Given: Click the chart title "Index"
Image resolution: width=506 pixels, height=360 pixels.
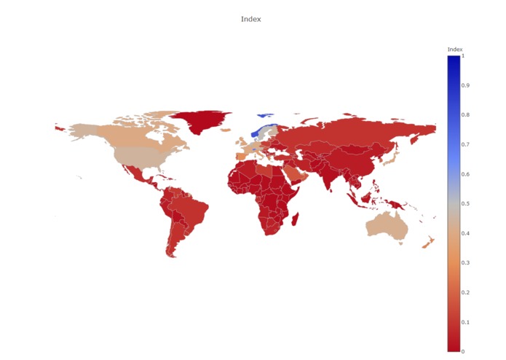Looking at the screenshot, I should pyautogui.click(x=250, y=19).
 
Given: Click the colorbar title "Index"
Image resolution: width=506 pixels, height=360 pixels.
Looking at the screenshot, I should pyautogui.click(x=454, y=50).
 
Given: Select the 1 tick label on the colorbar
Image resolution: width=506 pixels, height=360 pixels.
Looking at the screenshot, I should pyautogui.click(x=463, y=55).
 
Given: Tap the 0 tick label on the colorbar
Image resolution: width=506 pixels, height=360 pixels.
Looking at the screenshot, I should pyautogui.click(x=464, y=351).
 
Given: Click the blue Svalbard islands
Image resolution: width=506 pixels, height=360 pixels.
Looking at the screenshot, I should pyautogui.click(x=265, y=114).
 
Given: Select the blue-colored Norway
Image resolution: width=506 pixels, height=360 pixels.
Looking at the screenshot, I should pyautogui.click(x=258, y=132).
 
